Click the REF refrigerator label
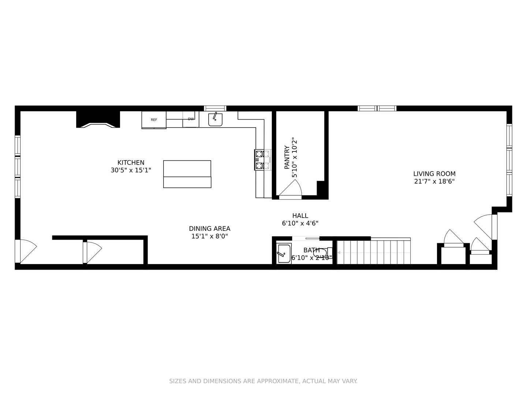pos(154,120)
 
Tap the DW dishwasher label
pos(191,119)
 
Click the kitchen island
pos(187,174)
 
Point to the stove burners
pos(262,160)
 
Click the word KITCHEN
pos(131,163)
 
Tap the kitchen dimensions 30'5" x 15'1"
pos(131,170)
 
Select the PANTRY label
pos(287,157)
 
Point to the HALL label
pos(300,216)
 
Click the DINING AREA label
pos(209,229)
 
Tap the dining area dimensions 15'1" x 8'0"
pos(209,237)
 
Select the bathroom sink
pos(284,253)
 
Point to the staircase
pos(373,252)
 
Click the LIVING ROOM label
pos(434,174)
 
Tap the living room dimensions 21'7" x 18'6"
pos(434,181)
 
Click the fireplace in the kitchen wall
pos(98,120)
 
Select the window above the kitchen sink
pos(215,108)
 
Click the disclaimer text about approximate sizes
pos(263,381)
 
